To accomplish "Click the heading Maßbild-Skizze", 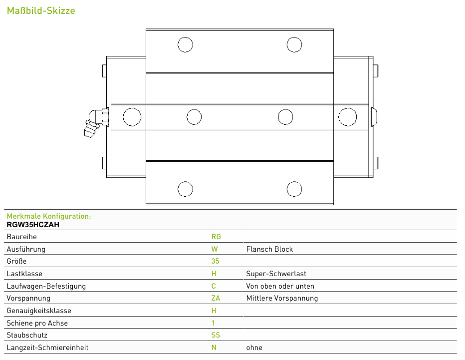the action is (x=41, y=10).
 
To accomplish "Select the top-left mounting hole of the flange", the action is (x=185, y=45).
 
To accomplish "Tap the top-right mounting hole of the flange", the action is (x=294, y=45).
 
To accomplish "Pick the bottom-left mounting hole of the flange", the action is (x=185, y=189).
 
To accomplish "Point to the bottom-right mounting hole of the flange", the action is (x=294, y=189).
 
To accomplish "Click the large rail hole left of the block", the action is (x=132, y=117).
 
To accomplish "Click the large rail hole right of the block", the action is (x=348, y=117).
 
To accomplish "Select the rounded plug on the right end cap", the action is (x=374, y=117).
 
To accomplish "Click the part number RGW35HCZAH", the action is (x=33, y=225).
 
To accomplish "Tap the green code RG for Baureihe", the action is (x=216, y=237).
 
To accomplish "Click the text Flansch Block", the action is (x=269, y=249).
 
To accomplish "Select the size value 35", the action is (x=216, y=261).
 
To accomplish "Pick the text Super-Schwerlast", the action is (x=276, y=274).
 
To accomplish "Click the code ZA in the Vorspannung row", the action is (x=216, y=298).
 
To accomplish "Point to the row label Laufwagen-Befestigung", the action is (x=46, y=286).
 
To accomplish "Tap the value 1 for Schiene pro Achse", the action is (x=213, y=323).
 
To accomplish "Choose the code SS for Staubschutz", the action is (x=216, y=335).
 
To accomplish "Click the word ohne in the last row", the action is (x=254, y=348).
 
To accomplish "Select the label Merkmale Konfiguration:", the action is (x=49, y=216).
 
